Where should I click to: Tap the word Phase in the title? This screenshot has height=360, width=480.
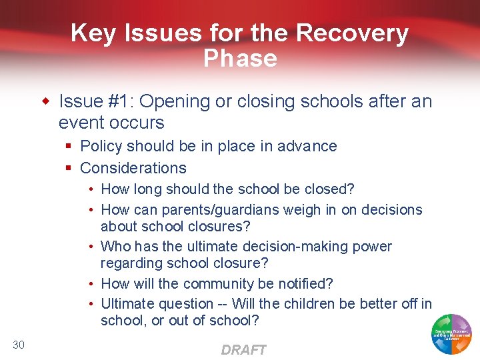point(240,59)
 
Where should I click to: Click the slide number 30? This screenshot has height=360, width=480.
point(18,344)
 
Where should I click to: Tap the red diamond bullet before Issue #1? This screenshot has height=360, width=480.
point(46,102)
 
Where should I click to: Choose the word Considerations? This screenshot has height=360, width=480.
point(133,168)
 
